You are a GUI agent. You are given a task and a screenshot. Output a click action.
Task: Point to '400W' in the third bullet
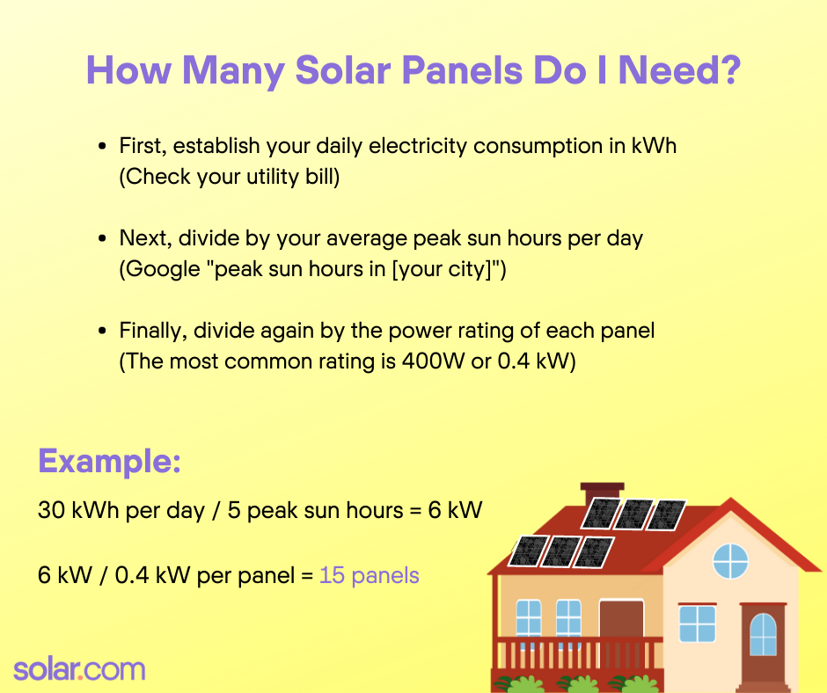[435, 362]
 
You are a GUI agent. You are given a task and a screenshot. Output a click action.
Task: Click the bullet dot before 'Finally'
[103, 332]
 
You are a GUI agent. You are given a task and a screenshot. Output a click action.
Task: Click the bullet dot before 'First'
[103, 146]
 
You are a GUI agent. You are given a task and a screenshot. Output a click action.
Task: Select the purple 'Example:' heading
[109, 461]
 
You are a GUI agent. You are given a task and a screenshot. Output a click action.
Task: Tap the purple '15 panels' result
[369, 576]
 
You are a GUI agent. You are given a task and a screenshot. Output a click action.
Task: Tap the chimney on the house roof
[603, 492]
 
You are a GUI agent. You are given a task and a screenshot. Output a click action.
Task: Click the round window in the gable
[729, 560]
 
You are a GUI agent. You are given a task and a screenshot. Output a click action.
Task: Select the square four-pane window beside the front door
[697, 624]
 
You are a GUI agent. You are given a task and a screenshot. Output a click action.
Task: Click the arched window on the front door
[763, 635]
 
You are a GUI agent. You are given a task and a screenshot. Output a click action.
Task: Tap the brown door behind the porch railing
[621, 622]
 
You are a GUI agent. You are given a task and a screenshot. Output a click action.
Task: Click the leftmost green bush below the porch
[524, 682]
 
